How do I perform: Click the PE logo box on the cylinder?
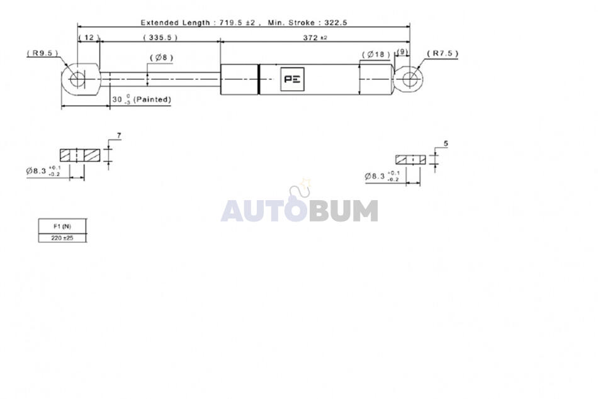[x=292, y=79]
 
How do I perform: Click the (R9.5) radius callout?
[x=42, y=53]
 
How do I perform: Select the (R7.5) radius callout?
[x=443, y=53]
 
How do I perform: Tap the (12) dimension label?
[x=89, y=37]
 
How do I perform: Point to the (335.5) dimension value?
[x=160, y=37]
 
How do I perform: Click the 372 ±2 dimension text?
[x=315, y=37]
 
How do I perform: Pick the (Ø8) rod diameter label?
[x=161, y=58]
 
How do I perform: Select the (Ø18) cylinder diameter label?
[x=376, y=55]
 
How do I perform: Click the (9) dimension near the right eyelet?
[x=402, y=52]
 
